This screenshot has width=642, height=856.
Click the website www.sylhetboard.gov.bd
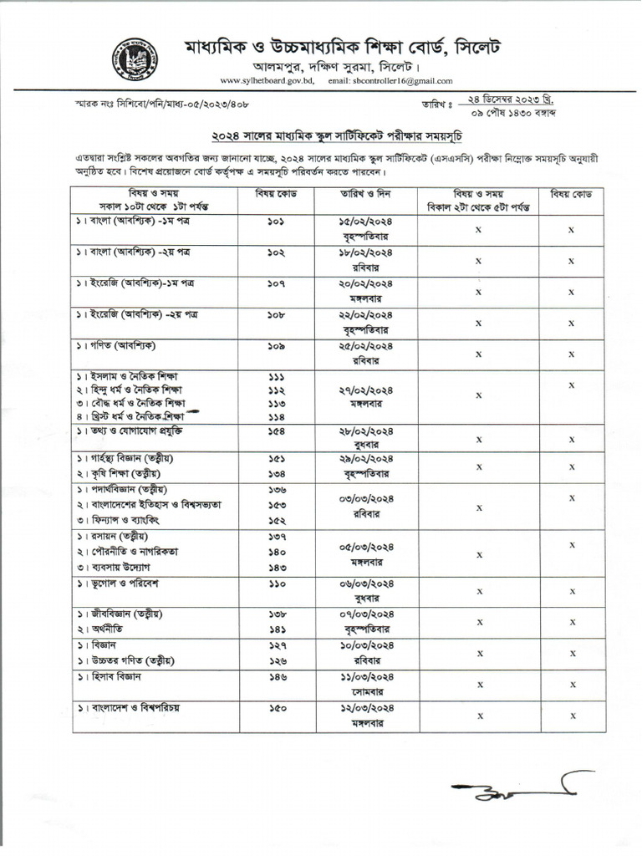(267, 80)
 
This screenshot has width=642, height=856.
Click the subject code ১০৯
(277, 346)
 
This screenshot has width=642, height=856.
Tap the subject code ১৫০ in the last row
(277, 708)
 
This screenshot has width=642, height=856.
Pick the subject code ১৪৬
(277, 676)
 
